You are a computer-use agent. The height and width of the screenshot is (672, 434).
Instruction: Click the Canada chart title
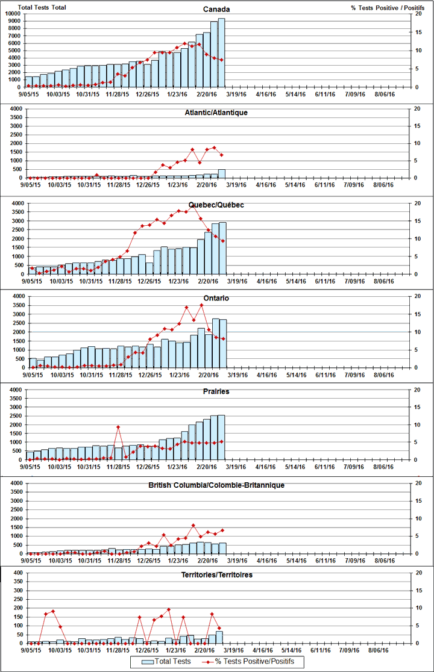tap(216, 9)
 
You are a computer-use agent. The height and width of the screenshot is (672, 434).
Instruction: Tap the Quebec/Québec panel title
tap(216, 205)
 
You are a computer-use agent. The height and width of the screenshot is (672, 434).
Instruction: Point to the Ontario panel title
tap(216, 299)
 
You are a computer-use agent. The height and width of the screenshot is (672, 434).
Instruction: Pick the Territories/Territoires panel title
tap(216, 576)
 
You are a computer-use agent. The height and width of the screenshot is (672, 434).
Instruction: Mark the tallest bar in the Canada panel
tap(221, 52)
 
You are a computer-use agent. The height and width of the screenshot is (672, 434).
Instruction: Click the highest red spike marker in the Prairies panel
tap(118, 427)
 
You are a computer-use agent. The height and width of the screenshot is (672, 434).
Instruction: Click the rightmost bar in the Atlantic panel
tap(221, 173)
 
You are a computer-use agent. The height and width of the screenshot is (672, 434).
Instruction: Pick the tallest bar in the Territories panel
tap(219, 637)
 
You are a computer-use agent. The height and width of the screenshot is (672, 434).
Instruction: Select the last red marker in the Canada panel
tap(221, 60)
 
